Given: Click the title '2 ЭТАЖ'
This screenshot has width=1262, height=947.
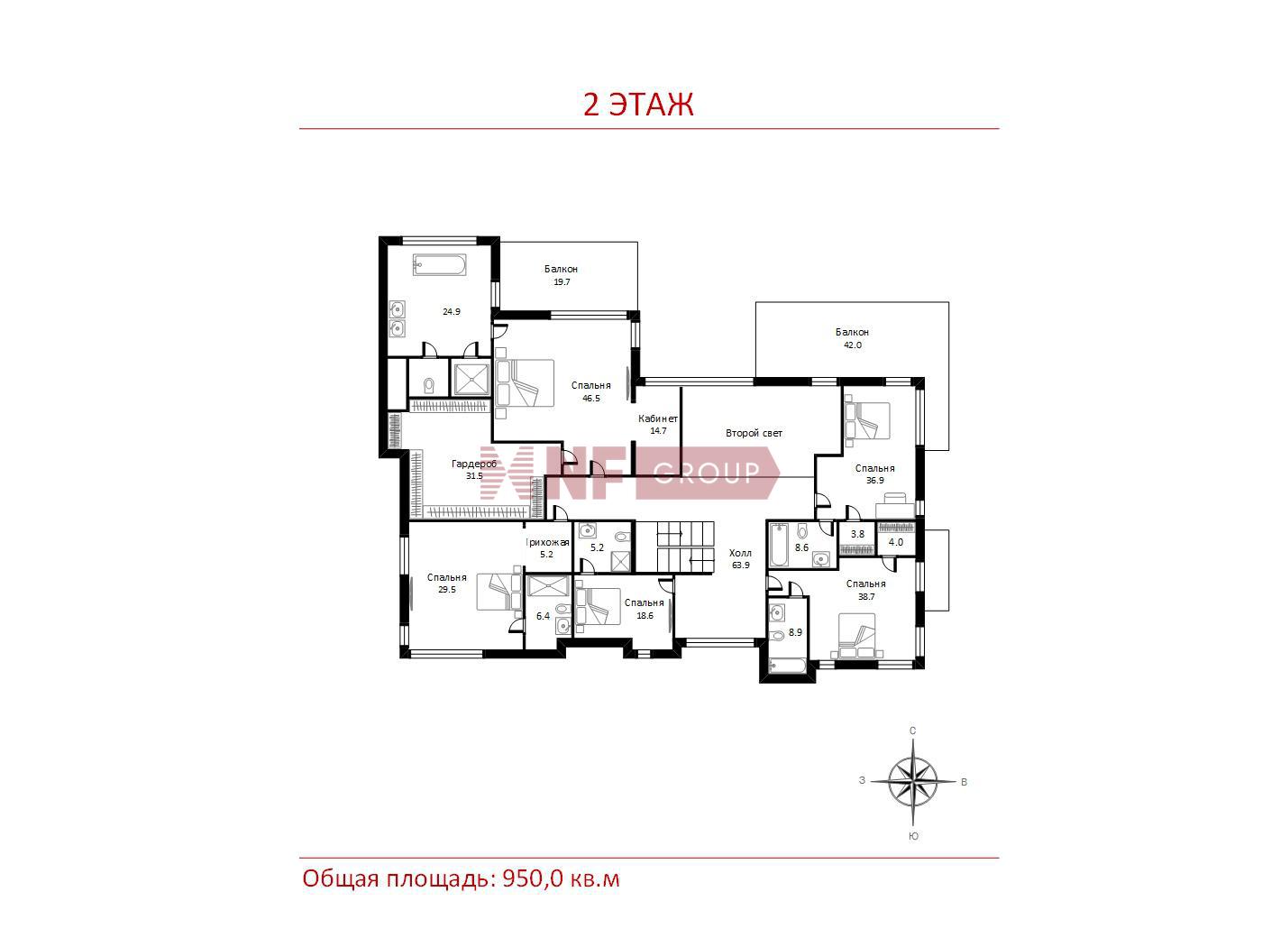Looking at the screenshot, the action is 638,105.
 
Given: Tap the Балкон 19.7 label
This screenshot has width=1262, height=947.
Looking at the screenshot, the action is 562,275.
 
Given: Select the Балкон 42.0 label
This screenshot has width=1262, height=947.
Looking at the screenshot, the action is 852,339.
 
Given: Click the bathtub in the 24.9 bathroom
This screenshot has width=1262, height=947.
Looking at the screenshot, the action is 439,266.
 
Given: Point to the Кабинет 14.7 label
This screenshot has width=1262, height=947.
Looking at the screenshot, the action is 658,424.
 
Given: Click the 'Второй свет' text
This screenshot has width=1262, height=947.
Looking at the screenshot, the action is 754,434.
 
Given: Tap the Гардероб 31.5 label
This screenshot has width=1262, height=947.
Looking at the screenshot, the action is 474,470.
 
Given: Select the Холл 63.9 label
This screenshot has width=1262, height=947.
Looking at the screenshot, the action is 741,559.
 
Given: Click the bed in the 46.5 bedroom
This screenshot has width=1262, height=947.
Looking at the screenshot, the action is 525,382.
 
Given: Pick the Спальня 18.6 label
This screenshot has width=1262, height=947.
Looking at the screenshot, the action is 644,609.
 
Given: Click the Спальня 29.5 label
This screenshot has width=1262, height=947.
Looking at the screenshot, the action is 447,583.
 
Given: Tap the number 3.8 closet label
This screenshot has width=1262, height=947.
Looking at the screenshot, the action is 857,534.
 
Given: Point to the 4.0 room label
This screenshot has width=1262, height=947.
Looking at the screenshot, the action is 896,542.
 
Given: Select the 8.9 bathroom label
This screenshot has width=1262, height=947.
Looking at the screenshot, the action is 795,632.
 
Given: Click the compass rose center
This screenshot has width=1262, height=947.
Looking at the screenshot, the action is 913,782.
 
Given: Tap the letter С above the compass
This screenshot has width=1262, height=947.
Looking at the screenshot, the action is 912,731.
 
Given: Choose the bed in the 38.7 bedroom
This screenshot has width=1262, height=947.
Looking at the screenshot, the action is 856,635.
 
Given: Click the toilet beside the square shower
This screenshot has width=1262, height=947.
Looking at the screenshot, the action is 428,383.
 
